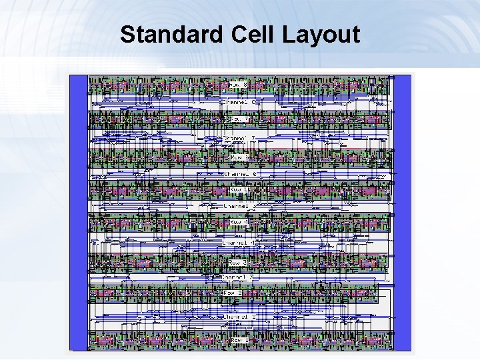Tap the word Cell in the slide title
(x=251, y=34)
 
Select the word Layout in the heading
(x=321, y=34)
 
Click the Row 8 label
(x=239, y=85)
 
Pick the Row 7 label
(x=239, y=120)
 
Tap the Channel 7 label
(x=239, y=138)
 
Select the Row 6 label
(x=239, y=157)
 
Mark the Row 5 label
(x=239, y=189)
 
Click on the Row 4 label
(x=239, y=222)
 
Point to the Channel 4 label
(x=239, y=243)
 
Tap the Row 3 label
(x=239, y=262)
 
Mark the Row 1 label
(x=239, y=340)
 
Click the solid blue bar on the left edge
(x=79, y=213)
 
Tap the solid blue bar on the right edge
(x=402, y=213)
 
